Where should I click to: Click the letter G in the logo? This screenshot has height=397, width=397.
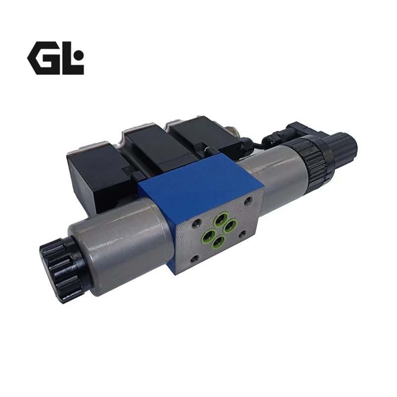click(x=45, y=58)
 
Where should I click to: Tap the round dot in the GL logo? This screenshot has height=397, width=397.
click(x=79, y=55)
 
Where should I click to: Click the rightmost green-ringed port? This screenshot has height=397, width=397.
click(x=231, y=225)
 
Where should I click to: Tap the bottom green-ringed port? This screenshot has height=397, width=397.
click(x=218, y=242)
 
